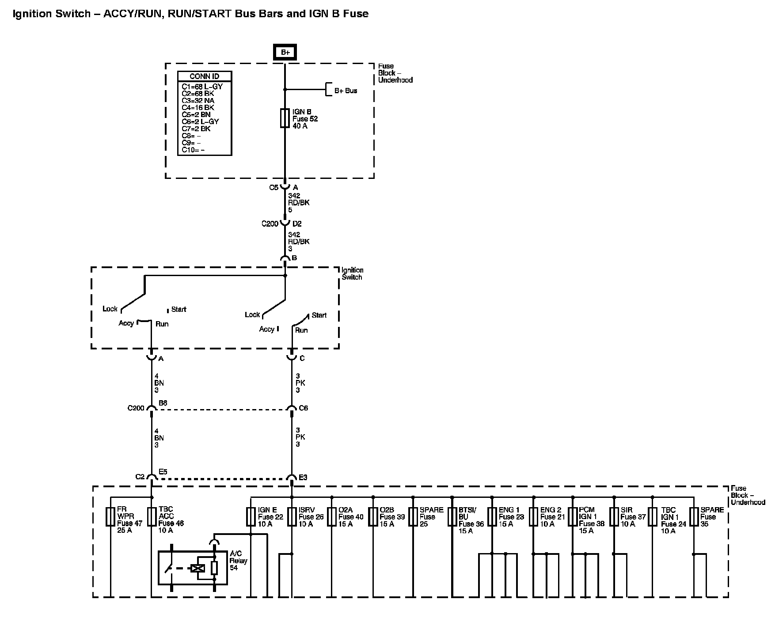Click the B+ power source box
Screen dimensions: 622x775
[285, 52]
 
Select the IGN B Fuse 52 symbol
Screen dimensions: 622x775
[285, 118]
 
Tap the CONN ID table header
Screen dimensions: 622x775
[204, 76]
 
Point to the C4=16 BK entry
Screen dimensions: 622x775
[198, 107]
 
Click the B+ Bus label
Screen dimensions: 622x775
[346, 91]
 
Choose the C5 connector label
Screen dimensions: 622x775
[274, 187]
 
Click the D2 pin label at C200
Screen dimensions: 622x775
[297, 224]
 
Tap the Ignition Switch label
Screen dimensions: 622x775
[352, 273]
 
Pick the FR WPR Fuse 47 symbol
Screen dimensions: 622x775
[110, 516]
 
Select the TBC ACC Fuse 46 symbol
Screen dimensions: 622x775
[152, 516]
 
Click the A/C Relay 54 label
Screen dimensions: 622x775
[239, 561]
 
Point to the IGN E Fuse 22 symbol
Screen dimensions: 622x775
[251, 516]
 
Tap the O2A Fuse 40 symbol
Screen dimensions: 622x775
[332, 516]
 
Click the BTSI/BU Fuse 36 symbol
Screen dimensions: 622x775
[452, 516]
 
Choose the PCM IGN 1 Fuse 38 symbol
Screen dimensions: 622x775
[573, 516]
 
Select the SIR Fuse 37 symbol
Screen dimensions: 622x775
[614, 516]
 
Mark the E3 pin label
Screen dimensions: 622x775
[303, 478]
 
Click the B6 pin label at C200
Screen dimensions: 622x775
[163, 403]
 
